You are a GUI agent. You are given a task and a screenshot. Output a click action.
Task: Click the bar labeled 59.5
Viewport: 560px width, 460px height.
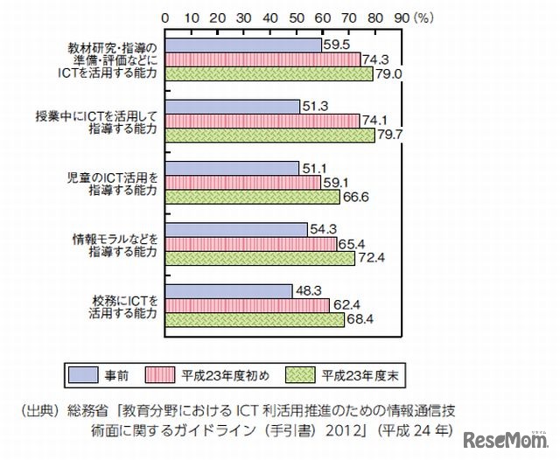pyautogui.click(x=242, y=44)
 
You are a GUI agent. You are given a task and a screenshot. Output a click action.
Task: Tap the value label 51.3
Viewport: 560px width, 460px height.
pyautogui.click(x=316, y=106)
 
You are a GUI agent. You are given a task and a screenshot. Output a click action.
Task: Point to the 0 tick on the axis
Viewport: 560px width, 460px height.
pyautogui.click(x=164, y=16)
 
